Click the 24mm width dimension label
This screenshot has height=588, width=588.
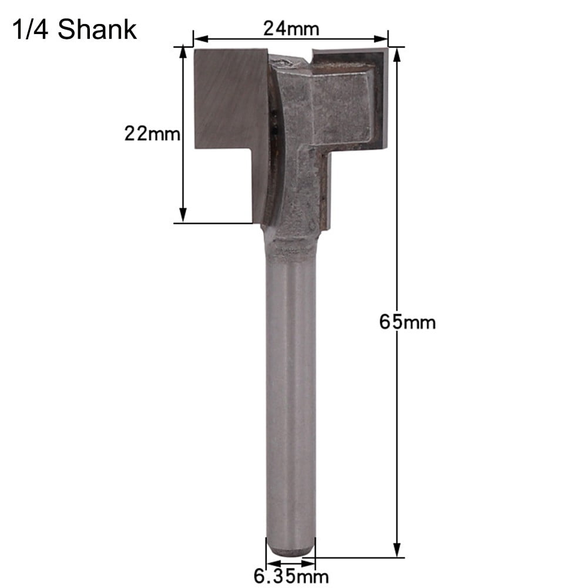tap(290, 28)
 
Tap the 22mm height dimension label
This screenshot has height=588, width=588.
tap(152, 134)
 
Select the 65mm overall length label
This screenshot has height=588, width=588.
tap(408, 322)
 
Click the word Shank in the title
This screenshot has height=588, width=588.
tap(98, 29)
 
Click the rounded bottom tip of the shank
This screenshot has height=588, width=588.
tap(291, 550)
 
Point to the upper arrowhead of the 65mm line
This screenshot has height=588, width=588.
tap(398, 54)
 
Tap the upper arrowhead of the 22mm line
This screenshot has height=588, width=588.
tap(183, 54)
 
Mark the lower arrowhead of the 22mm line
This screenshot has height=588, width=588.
tap(183, 216)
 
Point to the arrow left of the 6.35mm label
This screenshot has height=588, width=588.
tap(261, 558)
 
